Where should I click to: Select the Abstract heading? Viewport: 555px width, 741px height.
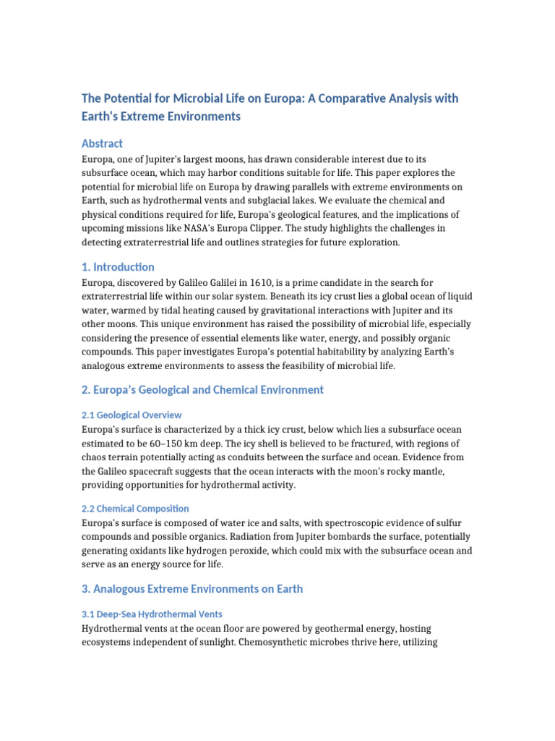coord(102,143)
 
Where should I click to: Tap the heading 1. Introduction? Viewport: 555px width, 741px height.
coord(118,267)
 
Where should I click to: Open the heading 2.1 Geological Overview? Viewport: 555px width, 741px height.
coord(131,415)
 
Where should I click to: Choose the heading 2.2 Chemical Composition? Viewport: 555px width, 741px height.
coord(135,509)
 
